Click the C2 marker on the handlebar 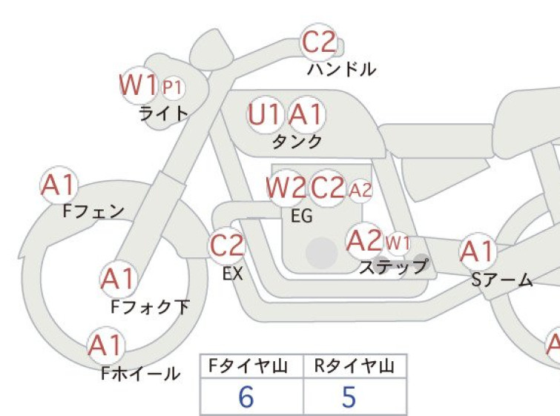319,42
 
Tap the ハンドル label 341,69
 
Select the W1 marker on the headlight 139,85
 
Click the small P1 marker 173,88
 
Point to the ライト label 164,113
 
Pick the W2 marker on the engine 286,188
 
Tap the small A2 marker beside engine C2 360,191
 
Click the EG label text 302,216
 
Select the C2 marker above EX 226,245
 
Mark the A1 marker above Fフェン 59,185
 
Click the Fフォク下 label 150,307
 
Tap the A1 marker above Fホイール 106,346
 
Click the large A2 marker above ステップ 364,240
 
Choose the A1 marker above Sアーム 478,251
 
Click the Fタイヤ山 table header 248,366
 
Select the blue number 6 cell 246,397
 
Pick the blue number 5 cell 349,397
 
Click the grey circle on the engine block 322,253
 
